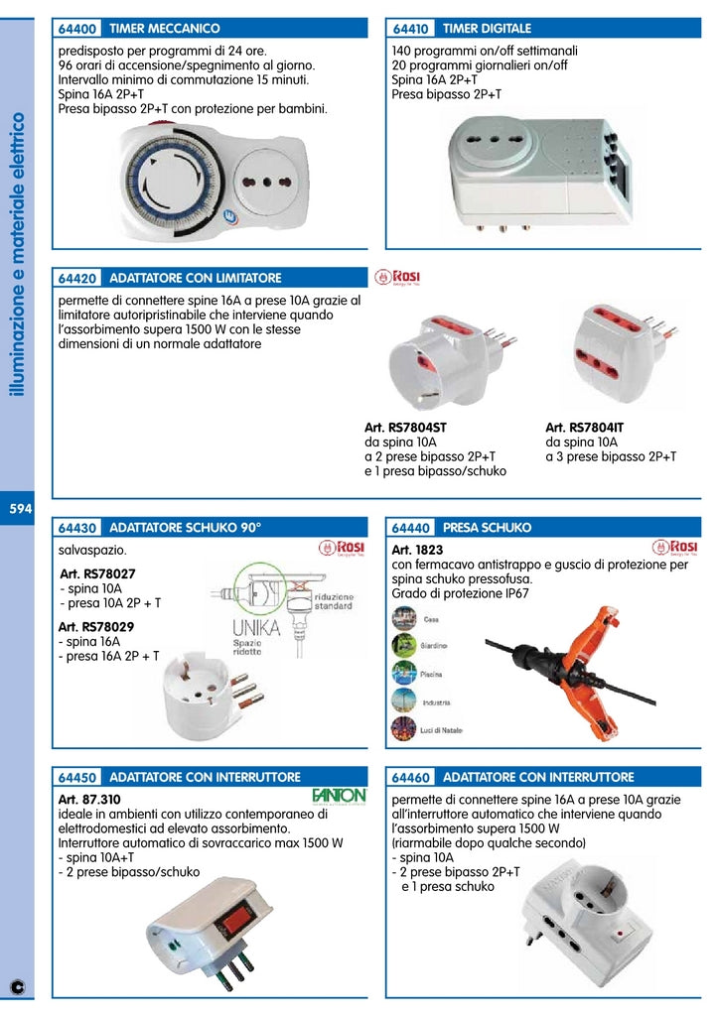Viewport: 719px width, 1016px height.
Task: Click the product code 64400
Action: point(76,29)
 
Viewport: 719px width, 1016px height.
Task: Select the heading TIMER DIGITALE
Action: point(487,29)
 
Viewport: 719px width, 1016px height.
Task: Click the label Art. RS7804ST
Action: point(406,428)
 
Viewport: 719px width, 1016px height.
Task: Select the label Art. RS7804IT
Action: point(585,428)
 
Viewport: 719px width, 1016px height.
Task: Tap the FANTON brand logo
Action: point(339,795)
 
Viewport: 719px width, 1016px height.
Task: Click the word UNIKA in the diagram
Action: point(256,627)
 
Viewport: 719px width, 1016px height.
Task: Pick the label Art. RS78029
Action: point(97,627)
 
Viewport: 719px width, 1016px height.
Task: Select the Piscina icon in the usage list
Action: point(404,674)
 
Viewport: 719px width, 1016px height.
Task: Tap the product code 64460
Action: point(411,777)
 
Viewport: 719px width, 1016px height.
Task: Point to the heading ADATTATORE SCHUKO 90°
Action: point(185,528)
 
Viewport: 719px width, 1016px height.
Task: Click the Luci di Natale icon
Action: point(404,730)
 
